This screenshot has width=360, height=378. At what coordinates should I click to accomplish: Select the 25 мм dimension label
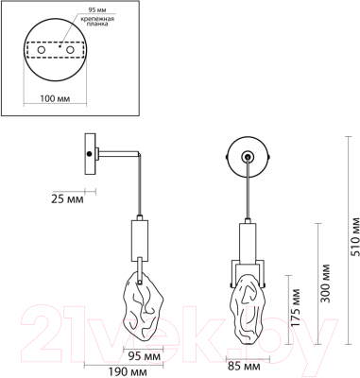point(63,199)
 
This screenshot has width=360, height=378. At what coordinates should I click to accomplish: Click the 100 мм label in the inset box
point(51,97)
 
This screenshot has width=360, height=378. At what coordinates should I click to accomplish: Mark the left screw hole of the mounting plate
point(40,49)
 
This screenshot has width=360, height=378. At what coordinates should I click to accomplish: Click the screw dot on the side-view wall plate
point(90,154)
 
